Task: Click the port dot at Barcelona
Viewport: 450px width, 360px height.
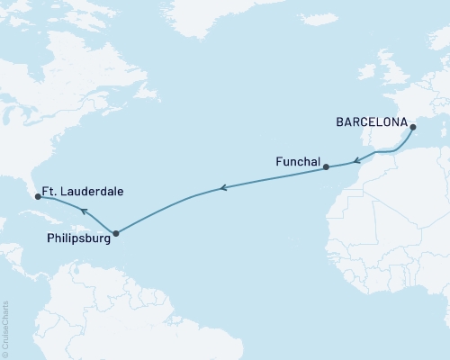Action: click(412, 128)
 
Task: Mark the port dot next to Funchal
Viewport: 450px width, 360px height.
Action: click(326, 166)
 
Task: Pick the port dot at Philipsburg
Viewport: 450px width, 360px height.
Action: click(115, 233)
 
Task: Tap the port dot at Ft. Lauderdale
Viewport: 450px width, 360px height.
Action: click(37, 193)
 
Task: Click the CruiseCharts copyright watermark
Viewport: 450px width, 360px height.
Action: click(5, 328)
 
